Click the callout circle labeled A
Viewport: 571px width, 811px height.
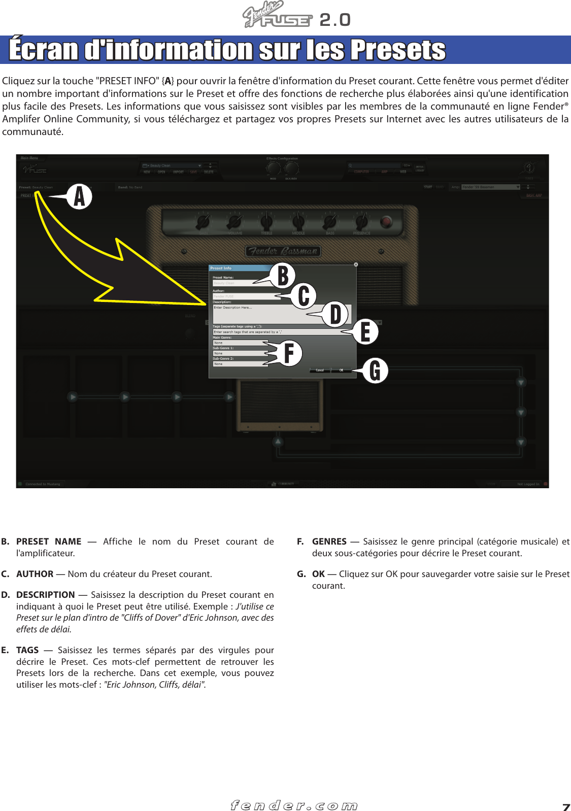(x=80, y=197)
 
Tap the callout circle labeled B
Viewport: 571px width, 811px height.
(x=283, y=276)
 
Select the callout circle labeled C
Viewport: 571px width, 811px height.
(x=304, y=296)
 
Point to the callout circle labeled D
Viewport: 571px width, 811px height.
(x=335, y=314)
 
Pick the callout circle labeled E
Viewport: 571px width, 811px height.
(x=365, y=332)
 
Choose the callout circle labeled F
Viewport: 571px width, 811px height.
(x=289, y=353)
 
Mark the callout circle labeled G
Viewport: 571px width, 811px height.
(x=375, y=370)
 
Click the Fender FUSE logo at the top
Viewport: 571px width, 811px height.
(x=278, y=16)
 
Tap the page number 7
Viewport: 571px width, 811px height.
(x=565, y=806)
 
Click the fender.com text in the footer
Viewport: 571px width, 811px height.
(x=294, y=805)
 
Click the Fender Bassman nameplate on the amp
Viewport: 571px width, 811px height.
(x=283, y=251)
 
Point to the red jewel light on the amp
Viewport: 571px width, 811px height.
(x=386, y=222)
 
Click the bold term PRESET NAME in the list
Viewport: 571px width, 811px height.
(x=49, y=542)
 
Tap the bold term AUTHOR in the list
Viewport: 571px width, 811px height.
(x=35, y=574)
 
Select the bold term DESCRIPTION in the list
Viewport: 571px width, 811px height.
(x=45, y=595)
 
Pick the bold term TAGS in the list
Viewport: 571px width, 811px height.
(x=27, y=650)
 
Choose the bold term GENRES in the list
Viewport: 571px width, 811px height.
(x=329, y=542)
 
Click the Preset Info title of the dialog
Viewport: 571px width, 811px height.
(x=221, y=268)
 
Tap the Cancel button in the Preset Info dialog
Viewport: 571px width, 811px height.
(x=320, y=370)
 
